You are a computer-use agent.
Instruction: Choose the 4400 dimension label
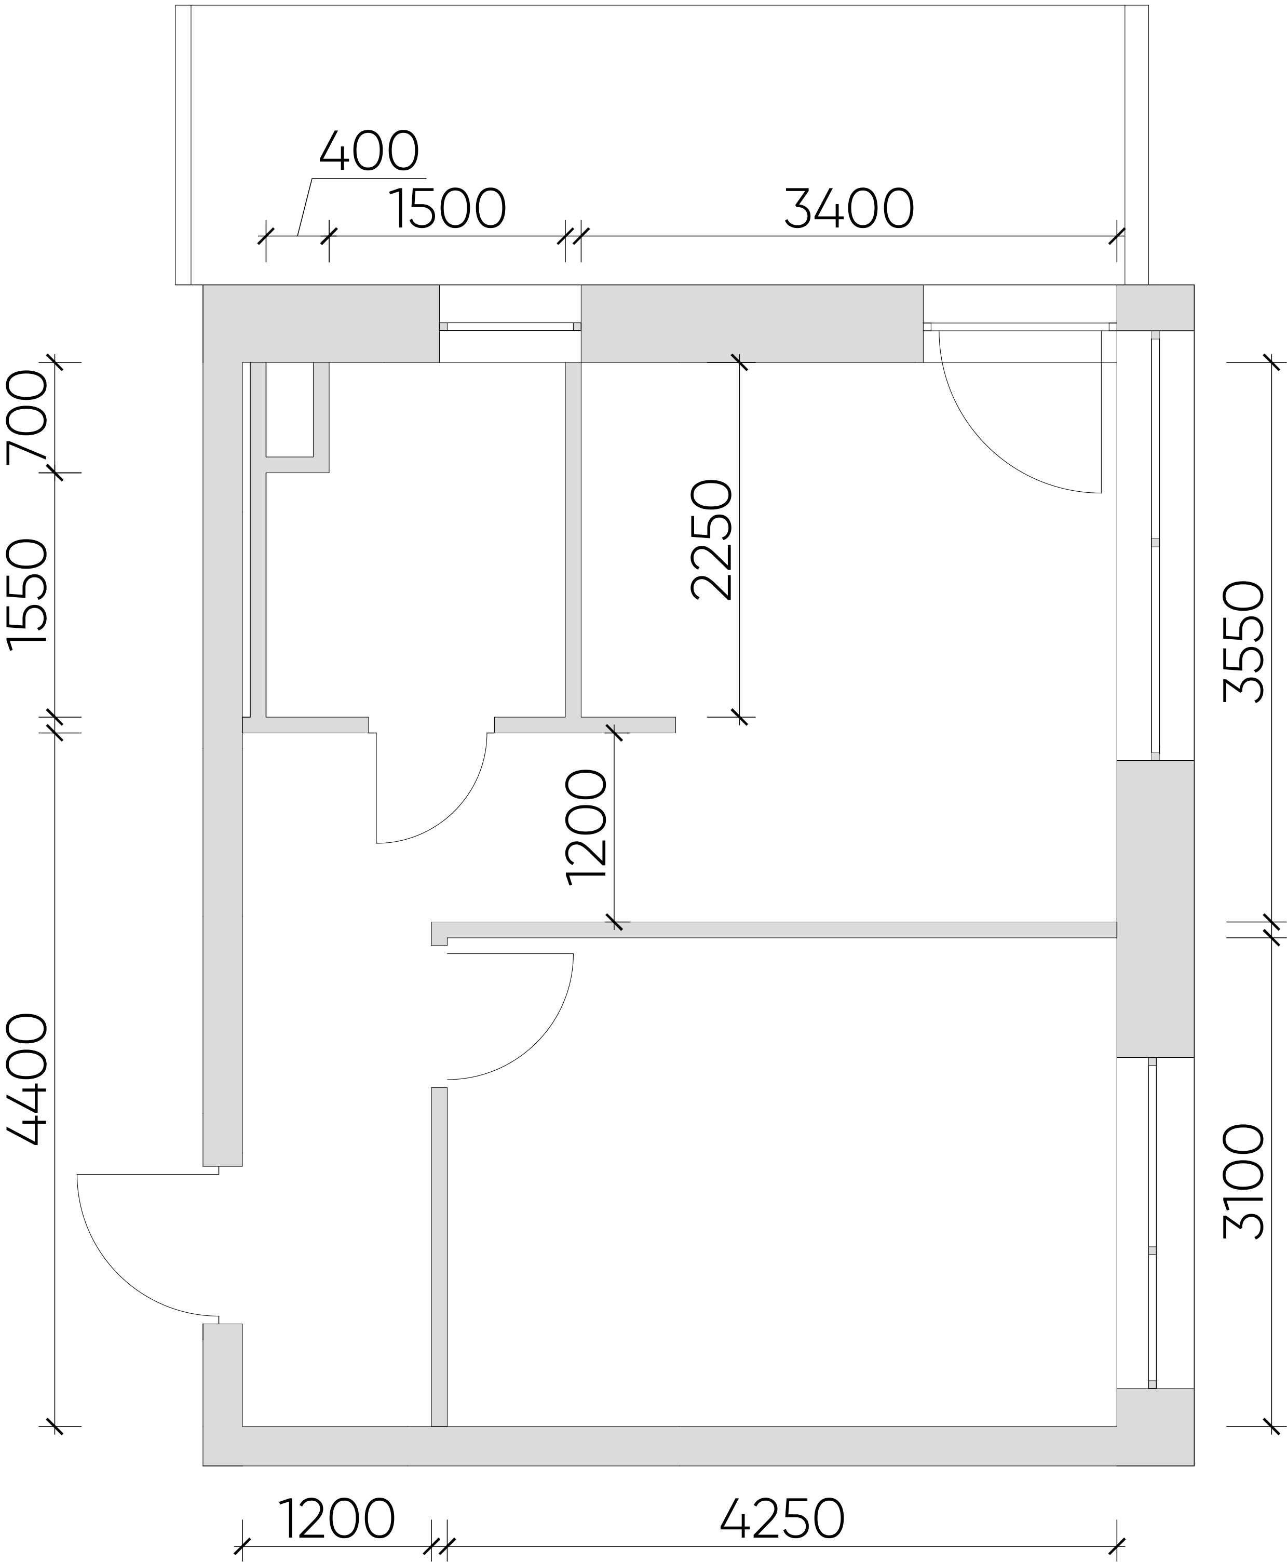click(28, 1080)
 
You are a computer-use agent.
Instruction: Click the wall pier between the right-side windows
click(1155, 908)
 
